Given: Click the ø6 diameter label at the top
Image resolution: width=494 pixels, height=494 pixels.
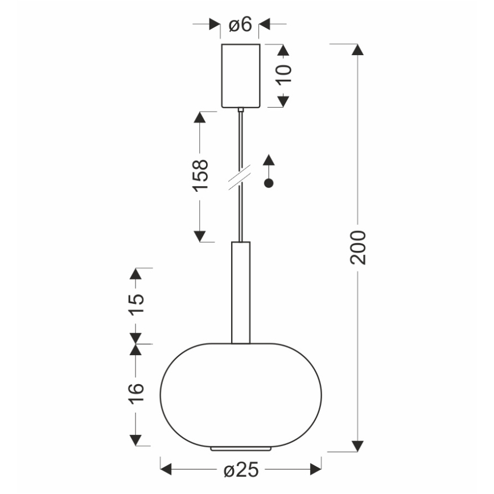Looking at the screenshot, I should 240,25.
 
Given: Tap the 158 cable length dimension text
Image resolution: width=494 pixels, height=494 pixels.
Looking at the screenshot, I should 200,175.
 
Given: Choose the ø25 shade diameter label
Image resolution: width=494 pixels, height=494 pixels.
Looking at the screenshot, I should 242,470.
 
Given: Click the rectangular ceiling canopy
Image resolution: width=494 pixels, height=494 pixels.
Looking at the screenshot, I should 241,75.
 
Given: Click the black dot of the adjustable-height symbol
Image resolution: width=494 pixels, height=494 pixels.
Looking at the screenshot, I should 270,183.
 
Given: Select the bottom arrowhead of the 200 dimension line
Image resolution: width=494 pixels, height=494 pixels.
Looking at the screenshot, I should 357,446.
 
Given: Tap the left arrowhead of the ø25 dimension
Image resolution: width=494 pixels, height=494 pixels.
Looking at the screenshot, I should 166,470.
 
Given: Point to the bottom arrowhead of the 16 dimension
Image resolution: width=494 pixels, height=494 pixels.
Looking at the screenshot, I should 135,440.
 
